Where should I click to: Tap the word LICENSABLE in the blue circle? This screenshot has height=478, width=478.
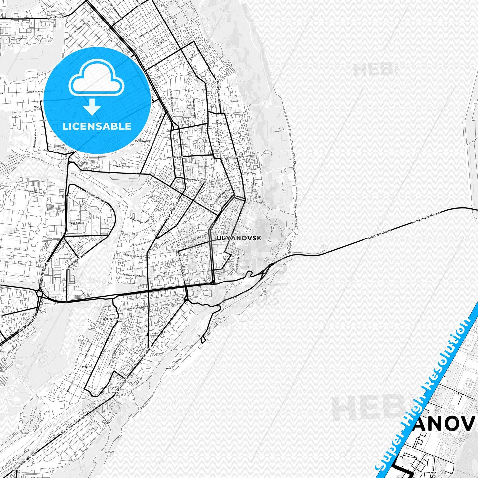tap(97, 126)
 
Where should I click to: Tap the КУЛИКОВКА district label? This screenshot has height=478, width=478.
tap(143, 141)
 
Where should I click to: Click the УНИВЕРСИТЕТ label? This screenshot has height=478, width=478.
tap(110, 319)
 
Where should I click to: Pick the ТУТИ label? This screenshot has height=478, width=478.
tap(84, 367)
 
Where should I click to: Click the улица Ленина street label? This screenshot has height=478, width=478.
tap(134, 255)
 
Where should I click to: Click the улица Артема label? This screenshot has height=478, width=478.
tap(76, 223)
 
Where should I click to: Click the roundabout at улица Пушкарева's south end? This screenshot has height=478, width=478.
tap(40, 293)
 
